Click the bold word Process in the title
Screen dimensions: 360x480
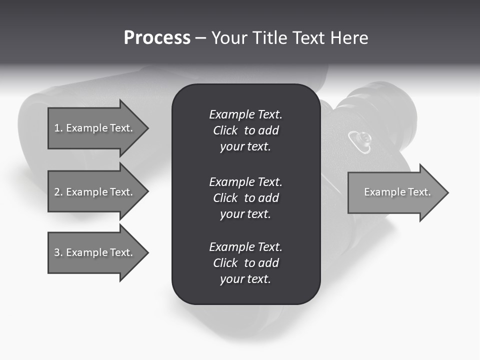pyautogui.click(x=157, y=38)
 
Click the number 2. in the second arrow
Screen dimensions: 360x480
pyautogui.click(x=58, y=192)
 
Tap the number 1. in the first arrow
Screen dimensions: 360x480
pyautogui.click(x=58, y=128)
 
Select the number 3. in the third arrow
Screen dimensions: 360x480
pyautogui.click(x=58, y=252)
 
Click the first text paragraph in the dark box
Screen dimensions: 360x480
pyautogui.click(x=245, y=130)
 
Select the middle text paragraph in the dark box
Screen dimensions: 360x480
pyautogui.click(x=245, y=197)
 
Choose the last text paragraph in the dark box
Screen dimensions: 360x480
pyautogui.click(x=245, y=263)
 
